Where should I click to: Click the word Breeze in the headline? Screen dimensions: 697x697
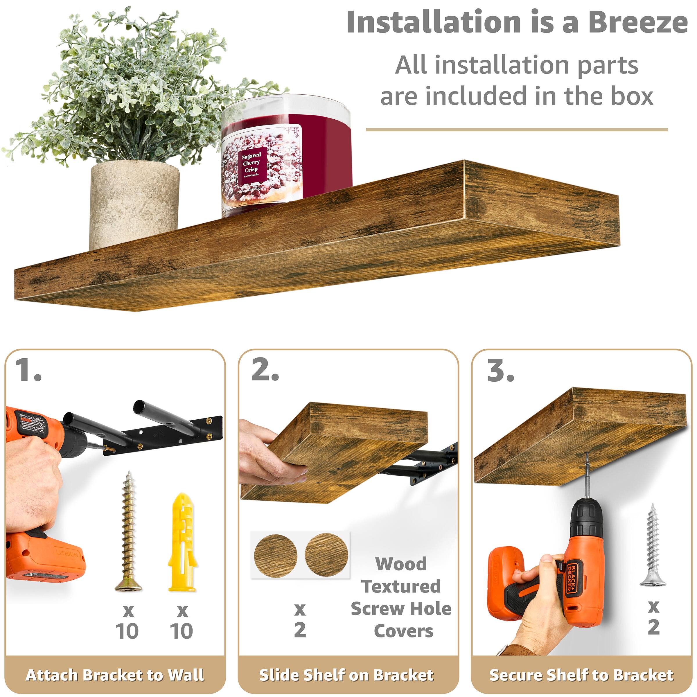point(637,22)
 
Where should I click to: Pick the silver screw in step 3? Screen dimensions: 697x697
point(652,545)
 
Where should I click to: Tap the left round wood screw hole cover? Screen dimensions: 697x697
point(275,556)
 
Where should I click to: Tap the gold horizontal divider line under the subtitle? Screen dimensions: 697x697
point(517,130)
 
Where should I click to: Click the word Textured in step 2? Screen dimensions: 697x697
point(401,586)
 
